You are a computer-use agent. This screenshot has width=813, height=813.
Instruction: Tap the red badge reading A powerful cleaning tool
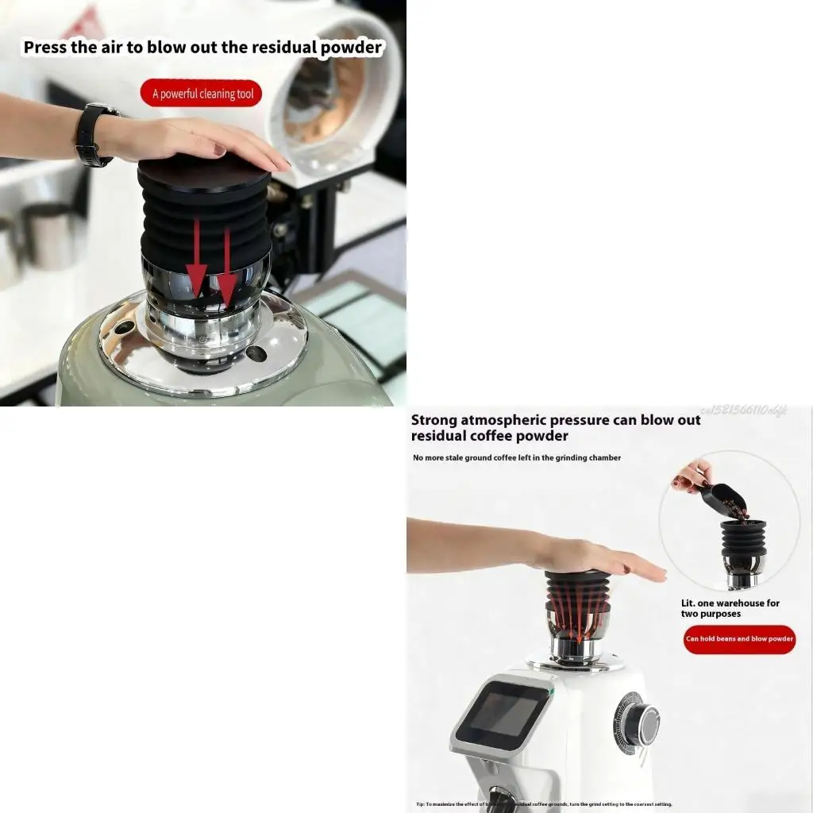(x=202, y=94)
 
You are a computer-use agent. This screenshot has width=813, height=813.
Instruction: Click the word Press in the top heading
(x=45, y=47)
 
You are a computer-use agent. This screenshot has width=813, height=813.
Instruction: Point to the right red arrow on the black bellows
(x=227, y=270)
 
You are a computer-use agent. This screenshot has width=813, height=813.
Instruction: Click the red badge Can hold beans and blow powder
(x=738, y=639)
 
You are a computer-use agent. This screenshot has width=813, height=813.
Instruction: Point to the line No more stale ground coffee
(x=516, y=458)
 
